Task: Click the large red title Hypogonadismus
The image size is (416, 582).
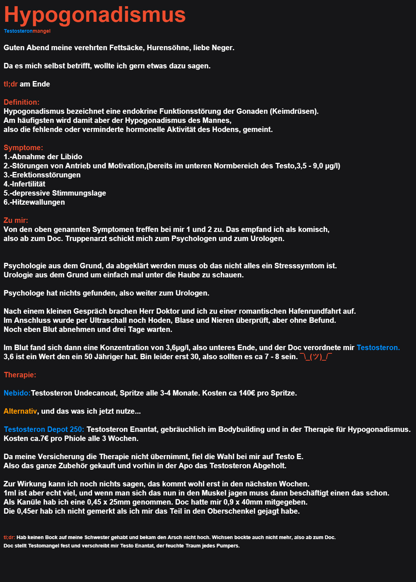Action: tap(95, 15)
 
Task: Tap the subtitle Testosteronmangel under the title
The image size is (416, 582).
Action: tap(27, 31)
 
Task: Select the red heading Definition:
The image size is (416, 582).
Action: tap(21, 102)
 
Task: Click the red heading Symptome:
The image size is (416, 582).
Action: tap(23, 148)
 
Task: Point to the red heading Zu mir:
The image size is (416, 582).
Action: tap(16, 220)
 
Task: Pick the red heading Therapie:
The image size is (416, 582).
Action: tap(20, 375)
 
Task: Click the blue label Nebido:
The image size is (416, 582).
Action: tap(17, 393)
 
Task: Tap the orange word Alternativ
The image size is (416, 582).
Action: tap(20, 411)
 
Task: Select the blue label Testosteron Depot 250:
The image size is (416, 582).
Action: tap(44, 429)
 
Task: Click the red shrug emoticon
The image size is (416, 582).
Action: tap(316, 357)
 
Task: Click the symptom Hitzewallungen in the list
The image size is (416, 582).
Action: tap(38, 202)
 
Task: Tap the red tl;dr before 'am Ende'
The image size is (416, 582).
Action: tap(11, 84)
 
